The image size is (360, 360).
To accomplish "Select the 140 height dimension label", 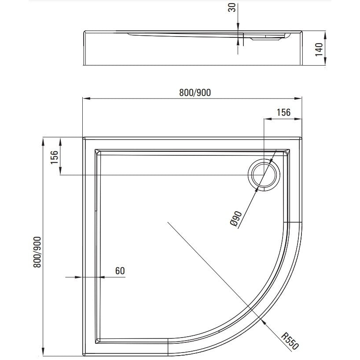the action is click(x=319, y=49).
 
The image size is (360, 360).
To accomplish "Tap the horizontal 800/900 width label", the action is click(x=195, y=92).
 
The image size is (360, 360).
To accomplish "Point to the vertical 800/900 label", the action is click(x=37, y=252).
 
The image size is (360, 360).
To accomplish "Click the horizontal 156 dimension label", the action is click(x=283, y=112).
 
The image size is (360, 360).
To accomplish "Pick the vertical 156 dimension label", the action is click(x=55, y=157).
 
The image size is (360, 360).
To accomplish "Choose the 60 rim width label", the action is click(x=120, y=271).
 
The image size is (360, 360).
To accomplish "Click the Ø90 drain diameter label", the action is click(x=236, y=218).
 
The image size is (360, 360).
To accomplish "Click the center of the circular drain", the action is click(x=264, y=175).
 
